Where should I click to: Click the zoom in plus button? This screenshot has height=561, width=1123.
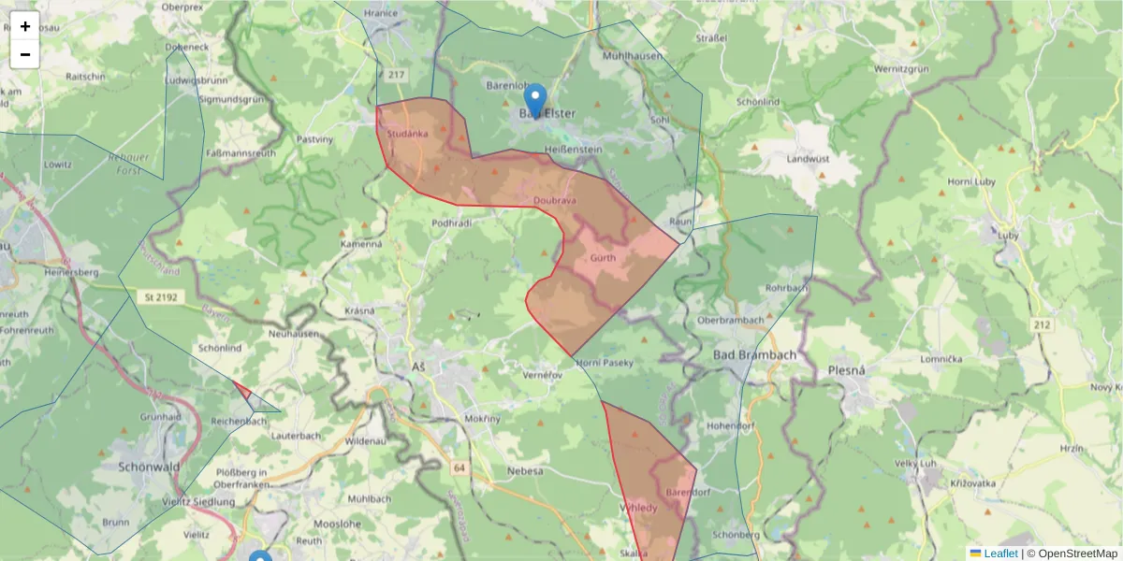click(x=25, y=26)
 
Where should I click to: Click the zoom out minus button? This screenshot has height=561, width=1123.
click(x=25, y=54)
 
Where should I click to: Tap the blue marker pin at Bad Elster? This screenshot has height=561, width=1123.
click(x=534, y=100)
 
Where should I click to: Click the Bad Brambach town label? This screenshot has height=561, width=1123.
click(x=753, y=355)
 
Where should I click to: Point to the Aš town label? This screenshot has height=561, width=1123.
click(x=419, y=366)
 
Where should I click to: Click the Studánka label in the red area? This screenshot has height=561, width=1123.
click(x=407, y=134)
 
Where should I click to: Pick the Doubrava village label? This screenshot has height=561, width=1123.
click(x=555, y=200)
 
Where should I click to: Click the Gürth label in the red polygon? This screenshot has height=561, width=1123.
click(x=603, y=258)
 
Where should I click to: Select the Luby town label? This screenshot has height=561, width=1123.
click(x=1007, y=236)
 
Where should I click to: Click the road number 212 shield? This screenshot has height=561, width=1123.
click(x=1042, y=324)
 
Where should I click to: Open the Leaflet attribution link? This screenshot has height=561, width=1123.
click(x=999, y=554)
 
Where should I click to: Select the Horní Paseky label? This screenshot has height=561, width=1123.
click(x=605, y=362)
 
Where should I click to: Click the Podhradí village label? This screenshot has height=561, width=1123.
click(x=451, y=223)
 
